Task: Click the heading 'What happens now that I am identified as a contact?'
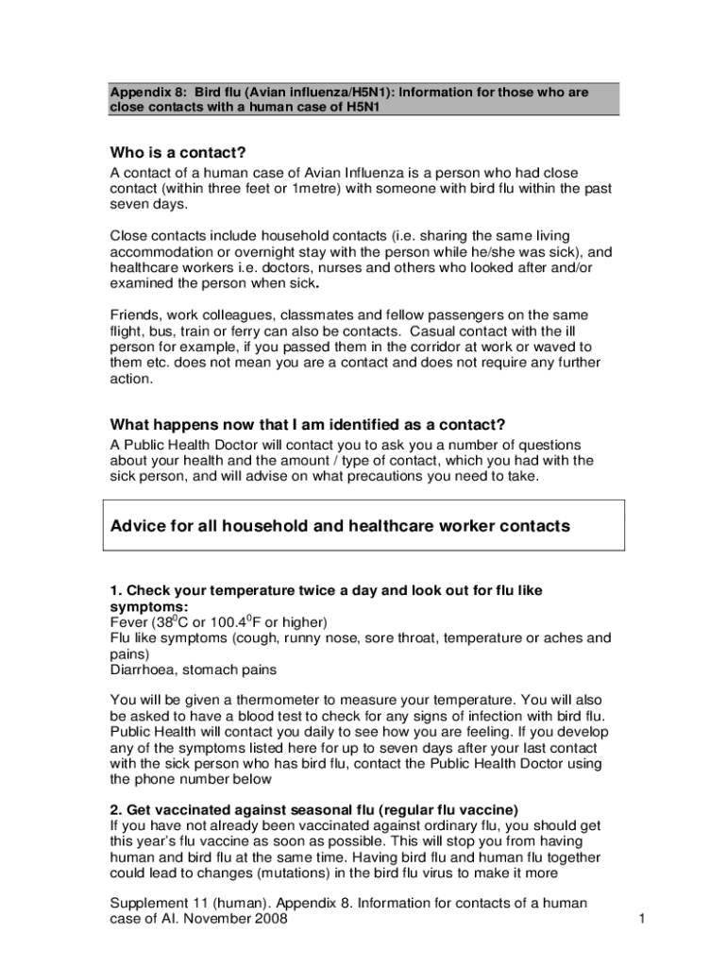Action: [x=308, y=424]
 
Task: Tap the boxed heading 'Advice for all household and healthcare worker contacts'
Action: [x=340, y=526]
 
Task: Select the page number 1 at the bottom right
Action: [x=640, y=919]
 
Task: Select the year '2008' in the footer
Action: [x=269, y=919]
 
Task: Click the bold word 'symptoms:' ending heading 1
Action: [x=148, y=605]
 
